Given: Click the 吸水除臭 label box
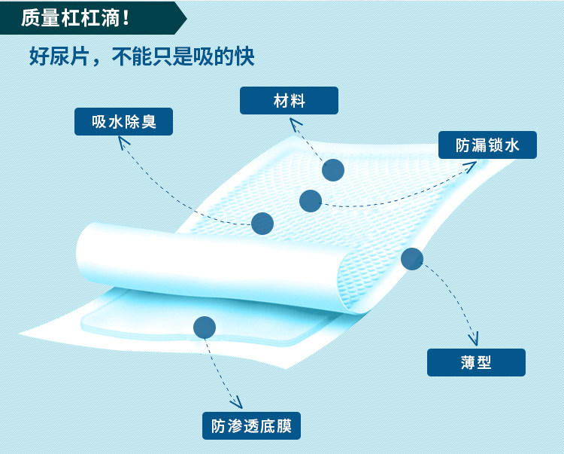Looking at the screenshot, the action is [123, 122].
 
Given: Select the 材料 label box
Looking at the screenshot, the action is [289, 100].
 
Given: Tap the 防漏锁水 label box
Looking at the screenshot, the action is [487, 145].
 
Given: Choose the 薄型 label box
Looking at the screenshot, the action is [476, 362].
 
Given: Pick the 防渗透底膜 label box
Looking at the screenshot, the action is [251, 425].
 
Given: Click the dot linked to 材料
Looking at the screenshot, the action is [333, 170].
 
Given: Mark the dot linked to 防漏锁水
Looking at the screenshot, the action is [311, 201].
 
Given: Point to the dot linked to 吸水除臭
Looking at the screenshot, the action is [262, 224].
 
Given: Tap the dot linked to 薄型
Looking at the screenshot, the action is [412, 259].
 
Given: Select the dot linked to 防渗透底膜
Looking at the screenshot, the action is [205, 328].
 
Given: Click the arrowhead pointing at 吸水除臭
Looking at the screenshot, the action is [123, 142].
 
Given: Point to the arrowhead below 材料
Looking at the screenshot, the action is [295, 123].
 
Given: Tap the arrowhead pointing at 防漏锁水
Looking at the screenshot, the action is [471, 166].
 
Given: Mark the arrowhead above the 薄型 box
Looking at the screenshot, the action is [474, 340].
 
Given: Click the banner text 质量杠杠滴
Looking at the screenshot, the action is [70, 17].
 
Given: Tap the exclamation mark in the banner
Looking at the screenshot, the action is [126, 17].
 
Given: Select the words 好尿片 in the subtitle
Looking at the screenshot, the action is [59, 56].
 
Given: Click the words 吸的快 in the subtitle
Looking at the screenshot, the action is [224, 56].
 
